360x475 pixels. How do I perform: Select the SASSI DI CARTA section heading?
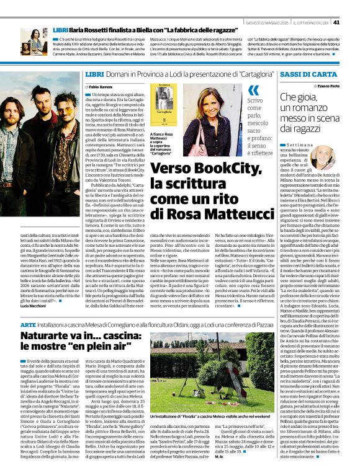[307, 74]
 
